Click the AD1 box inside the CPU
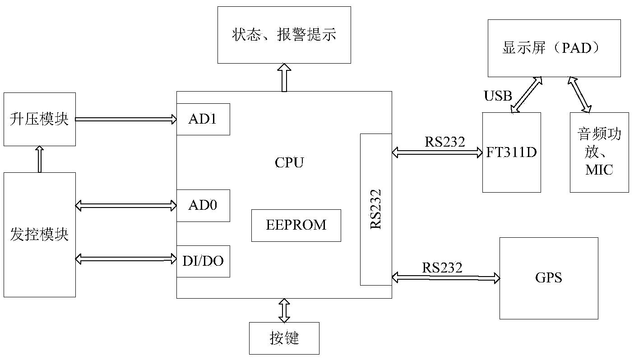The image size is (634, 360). coord(203,119)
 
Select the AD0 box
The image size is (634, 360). coord(203,206)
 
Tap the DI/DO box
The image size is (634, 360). coord(203,261)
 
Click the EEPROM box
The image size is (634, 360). coord(296,225)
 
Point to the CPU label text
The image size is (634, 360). coord(289,162)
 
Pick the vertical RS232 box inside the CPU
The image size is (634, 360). coord(376,209)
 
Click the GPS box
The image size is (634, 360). coord(549,278)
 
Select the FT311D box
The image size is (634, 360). coord(511,152)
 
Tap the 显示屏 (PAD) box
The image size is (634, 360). coord(554,48)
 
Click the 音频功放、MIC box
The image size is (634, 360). coord(599,152)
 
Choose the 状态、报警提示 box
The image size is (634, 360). coord(284,35)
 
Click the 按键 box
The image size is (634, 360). coord(284,338)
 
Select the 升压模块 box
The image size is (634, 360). coord(40,119)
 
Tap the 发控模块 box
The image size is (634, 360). coord(40,235)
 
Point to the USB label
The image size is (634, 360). coord(498,96)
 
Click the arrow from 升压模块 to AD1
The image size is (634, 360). coord(126,119)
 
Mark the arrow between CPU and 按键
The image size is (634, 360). coord(284,310)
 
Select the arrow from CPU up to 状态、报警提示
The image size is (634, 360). coord(284,77)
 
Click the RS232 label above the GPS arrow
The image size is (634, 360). coord(442,268)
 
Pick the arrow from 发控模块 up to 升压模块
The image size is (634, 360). coord(40,159)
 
